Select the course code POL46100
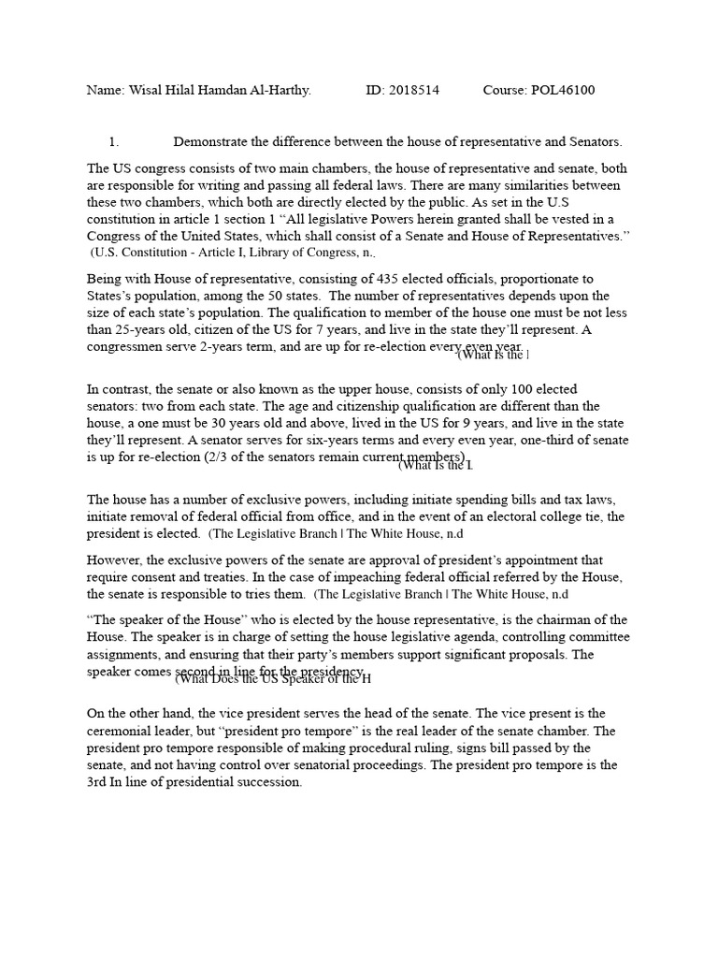558,90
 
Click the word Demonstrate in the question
213,141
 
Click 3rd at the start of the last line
98,781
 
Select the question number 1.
113,141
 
